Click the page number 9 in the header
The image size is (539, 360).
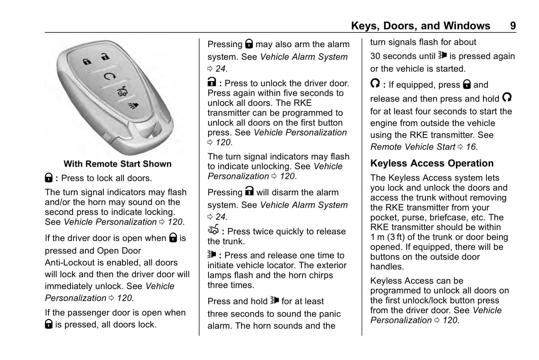pos(513,26)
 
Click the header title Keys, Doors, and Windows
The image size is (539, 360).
pos(420,26)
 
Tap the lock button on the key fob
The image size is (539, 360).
pos(87,62)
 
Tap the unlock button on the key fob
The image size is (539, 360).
pos(105,57)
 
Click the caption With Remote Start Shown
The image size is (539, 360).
pos(117,164)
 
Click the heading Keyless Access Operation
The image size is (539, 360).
pos(432,163)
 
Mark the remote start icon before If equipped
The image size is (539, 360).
pos(375,84)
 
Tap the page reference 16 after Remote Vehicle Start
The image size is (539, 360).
pos(471,147)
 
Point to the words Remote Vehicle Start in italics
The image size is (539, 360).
pos(413,147)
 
